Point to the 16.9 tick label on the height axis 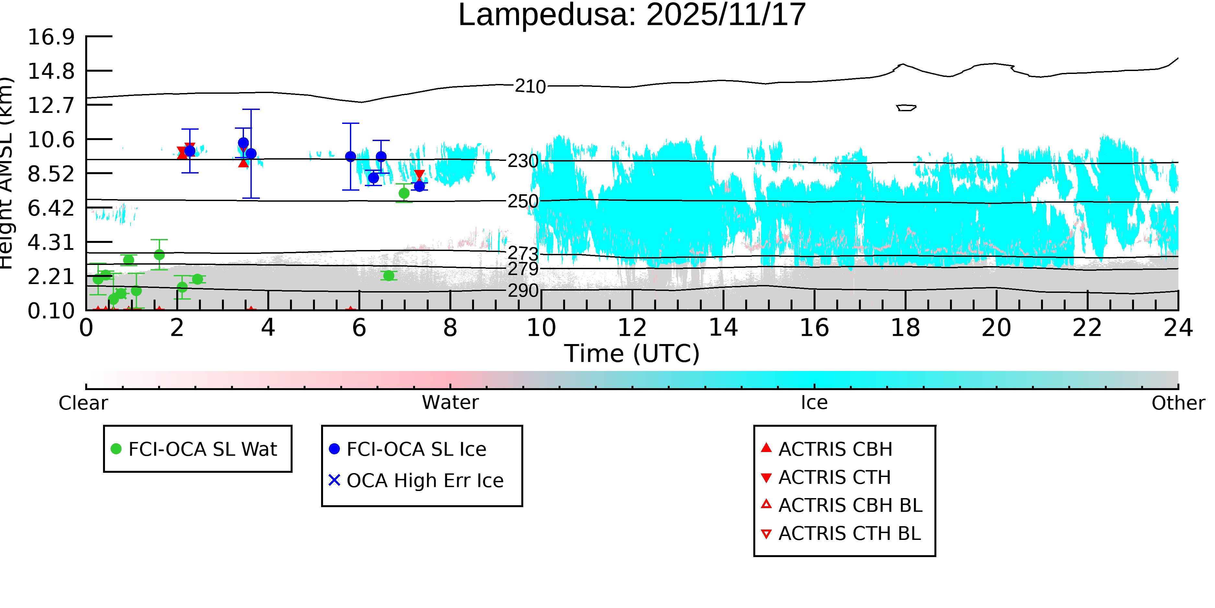pyautogui.click(x=51, y=37)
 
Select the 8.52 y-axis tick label pyautogui.click(x=51, y=174)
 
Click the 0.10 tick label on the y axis pyautogui.click(x=51, y=311)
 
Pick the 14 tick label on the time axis pyautogui.click(x=723, y=328)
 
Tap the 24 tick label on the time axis pyautogui.click(x=1178, y=328)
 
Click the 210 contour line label pyautogui.click(x=530, y=86)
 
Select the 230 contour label pyautogui.click(x=523, y=161)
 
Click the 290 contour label pyautogui.click(x=523, y=290)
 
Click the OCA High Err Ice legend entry pyautogui.click(x=424, y=481)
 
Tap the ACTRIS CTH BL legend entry pyautogui.click(x=849, y=533)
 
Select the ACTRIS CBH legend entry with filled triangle pyautogui.click(x=835, y=449)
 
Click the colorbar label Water pyautogui.click(x=450, y=403)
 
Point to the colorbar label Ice pyautogui.click(x=814, y=403)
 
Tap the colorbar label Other pyautogui.click(x=1178, y=403)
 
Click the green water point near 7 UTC pyautogui.click(x=404, y=193)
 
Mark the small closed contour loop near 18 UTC pyautogui.click(x=906, y=108)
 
